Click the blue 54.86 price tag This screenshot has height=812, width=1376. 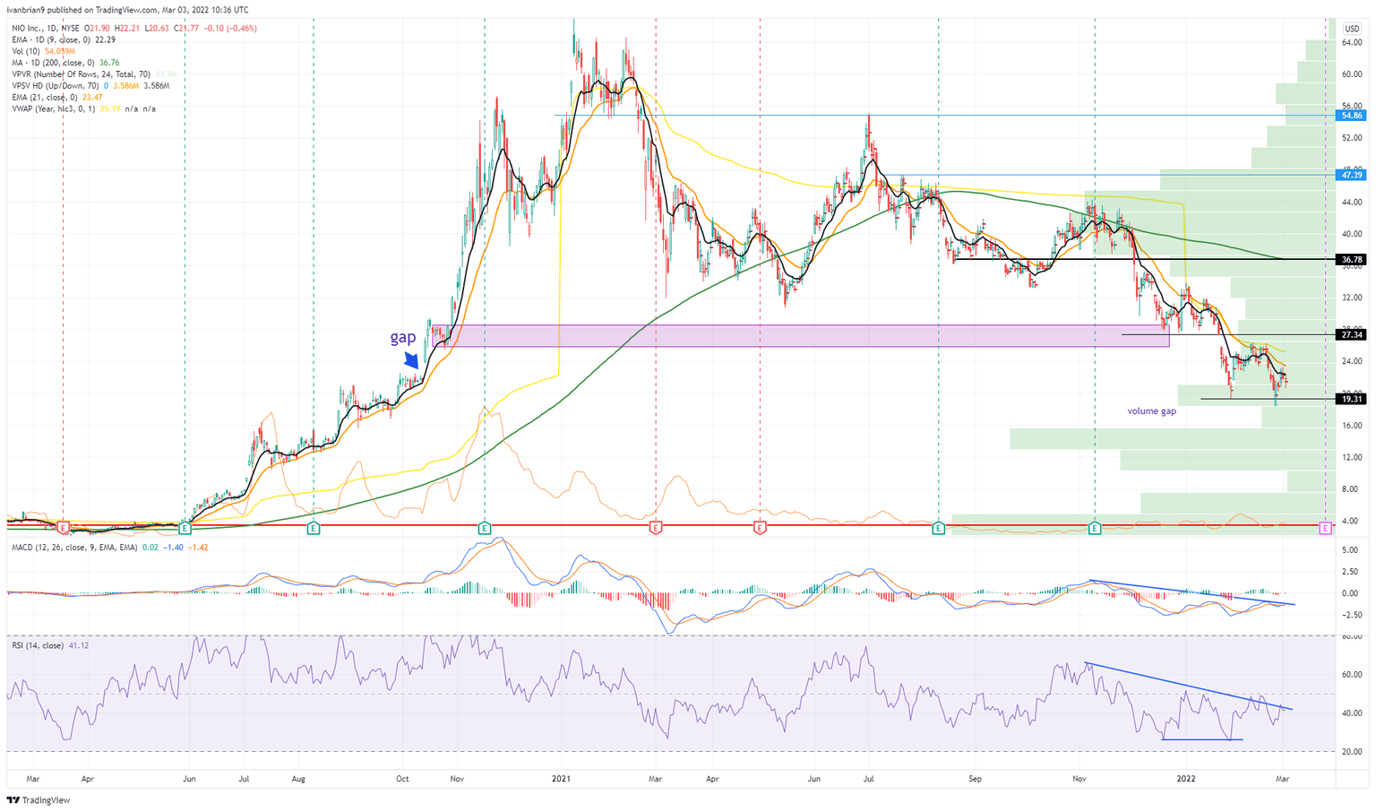click(1351, 116)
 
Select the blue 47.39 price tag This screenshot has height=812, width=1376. click(1351, 175)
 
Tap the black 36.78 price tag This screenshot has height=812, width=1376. click(1351, 260)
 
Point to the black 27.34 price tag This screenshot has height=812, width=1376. click(1351, 334)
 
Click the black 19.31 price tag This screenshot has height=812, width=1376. click(1351, 399)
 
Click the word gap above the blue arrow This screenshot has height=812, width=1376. click(402, 337)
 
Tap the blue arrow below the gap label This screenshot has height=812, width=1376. click(412, 359)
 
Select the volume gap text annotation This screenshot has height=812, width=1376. click(1151, 411)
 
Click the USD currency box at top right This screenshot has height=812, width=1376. click(1351, 30)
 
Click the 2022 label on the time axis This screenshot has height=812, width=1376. click(1186, 779)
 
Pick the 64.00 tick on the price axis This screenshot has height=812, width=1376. click(1352, 42)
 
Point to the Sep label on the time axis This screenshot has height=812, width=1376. click(975, 779)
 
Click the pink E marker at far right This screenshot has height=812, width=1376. click(1325, 529)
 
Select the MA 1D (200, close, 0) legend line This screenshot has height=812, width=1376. click(63, 63)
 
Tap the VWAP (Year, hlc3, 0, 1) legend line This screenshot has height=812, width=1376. click(67, 109)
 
